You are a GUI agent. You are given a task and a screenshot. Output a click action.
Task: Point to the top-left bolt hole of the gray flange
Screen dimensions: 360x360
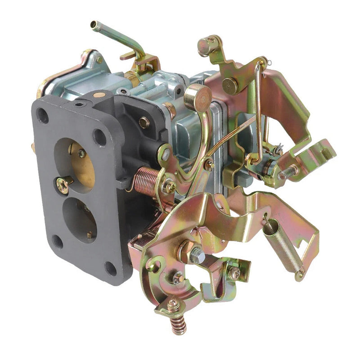(x=43, y=117)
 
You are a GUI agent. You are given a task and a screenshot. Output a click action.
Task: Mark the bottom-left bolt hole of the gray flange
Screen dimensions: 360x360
(x=57, y=242)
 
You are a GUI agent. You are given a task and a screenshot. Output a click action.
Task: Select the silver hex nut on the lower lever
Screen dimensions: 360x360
(x=197, y=255)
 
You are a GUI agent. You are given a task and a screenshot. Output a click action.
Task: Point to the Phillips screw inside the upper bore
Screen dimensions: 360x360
(x=81, y=153)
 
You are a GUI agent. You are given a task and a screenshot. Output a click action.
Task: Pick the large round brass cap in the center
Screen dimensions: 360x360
(x=198, y=96)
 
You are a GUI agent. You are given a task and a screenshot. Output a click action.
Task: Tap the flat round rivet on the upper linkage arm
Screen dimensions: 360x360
(x=230, y=85)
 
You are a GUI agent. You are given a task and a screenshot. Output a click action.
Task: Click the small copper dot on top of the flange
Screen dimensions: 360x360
(x=97, y=95)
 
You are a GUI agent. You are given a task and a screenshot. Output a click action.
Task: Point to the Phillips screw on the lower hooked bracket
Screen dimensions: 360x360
(x=234, y=272)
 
